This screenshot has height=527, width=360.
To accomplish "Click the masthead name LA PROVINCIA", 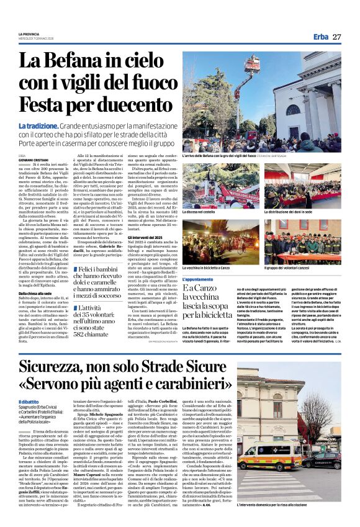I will [x=29, y=33].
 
